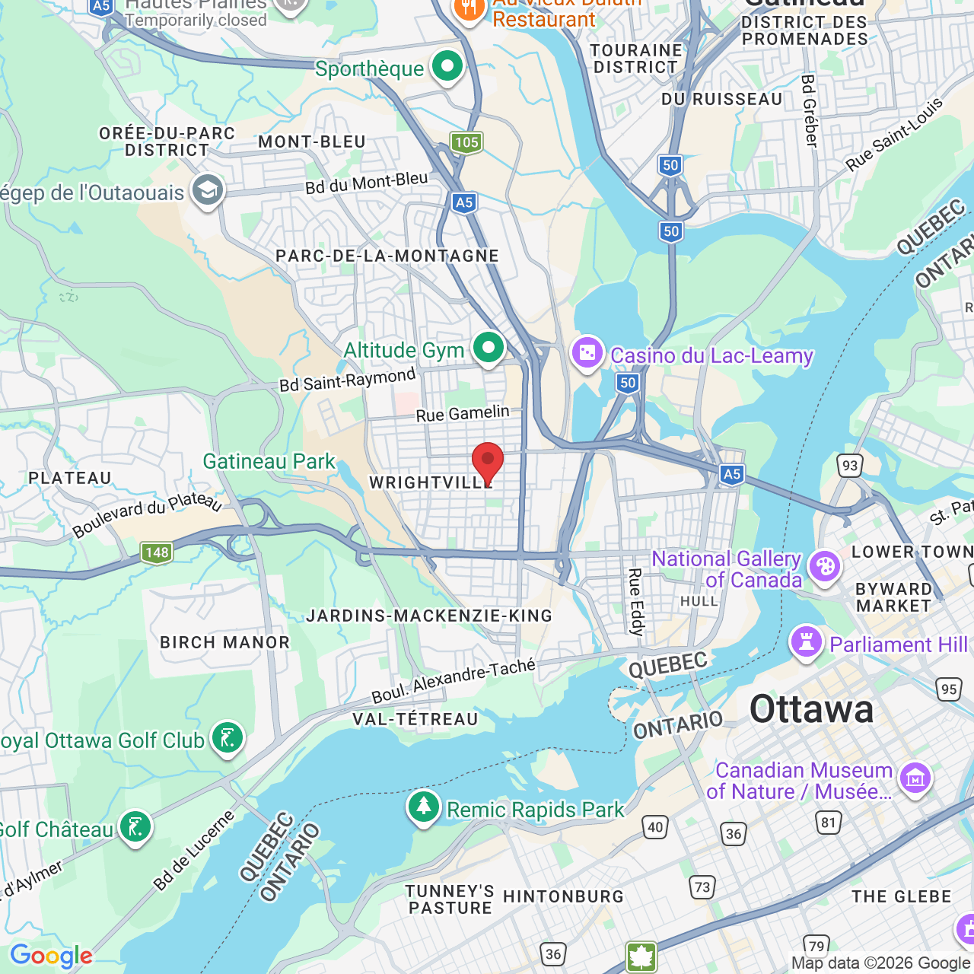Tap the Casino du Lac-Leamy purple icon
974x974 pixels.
click(587, 354)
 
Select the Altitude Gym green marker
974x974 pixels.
click(489, 349)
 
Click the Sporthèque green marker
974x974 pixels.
click(447, 67)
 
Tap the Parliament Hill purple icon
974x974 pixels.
click(807, 643)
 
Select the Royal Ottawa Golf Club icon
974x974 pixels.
click(227, 738)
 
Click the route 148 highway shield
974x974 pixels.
click(157, 552)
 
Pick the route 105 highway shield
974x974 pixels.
click(466, 142)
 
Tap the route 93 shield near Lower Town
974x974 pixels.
click(849, 466)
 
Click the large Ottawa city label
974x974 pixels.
click(811, 709)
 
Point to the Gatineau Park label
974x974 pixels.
click(269, 461)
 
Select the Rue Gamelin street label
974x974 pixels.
click(463, 413)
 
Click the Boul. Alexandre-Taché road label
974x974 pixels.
click(454, 681)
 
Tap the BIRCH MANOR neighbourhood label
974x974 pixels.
click(224, 642)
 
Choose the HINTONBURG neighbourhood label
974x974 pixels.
click(563, 896)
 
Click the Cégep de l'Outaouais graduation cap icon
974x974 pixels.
click(207, 191)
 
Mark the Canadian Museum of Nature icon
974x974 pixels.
click(915, 778)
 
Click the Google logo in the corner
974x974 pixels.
click(51, 956)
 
